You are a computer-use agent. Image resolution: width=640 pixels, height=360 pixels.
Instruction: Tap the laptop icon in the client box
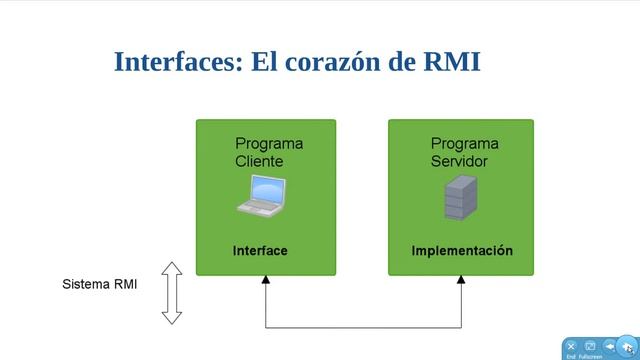262,195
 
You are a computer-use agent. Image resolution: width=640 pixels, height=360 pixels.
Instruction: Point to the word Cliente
259,161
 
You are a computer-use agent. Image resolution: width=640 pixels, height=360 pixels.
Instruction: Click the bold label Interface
260,251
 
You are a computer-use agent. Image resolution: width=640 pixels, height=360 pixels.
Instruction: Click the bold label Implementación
461,251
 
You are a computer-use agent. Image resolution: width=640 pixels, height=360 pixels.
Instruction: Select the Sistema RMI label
100,284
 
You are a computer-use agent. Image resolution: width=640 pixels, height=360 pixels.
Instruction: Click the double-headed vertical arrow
172,292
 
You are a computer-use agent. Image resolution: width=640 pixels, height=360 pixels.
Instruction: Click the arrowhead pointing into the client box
266,281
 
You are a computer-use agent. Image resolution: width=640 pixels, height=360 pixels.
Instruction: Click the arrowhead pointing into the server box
461,281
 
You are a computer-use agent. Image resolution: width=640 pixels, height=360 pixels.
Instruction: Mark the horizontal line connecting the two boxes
363,327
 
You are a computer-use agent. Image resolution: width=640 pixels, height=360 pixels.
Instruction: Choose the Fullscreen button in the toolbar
590,347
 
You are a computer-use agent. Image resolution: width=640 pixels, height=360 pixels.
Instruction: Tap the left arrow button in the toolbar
610,346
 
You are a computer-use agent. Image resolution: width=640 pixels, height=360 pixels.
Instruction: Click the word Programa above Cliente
269,144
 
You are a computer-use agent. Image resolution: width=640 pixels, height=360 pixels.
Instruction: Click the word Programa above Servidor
464,144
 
